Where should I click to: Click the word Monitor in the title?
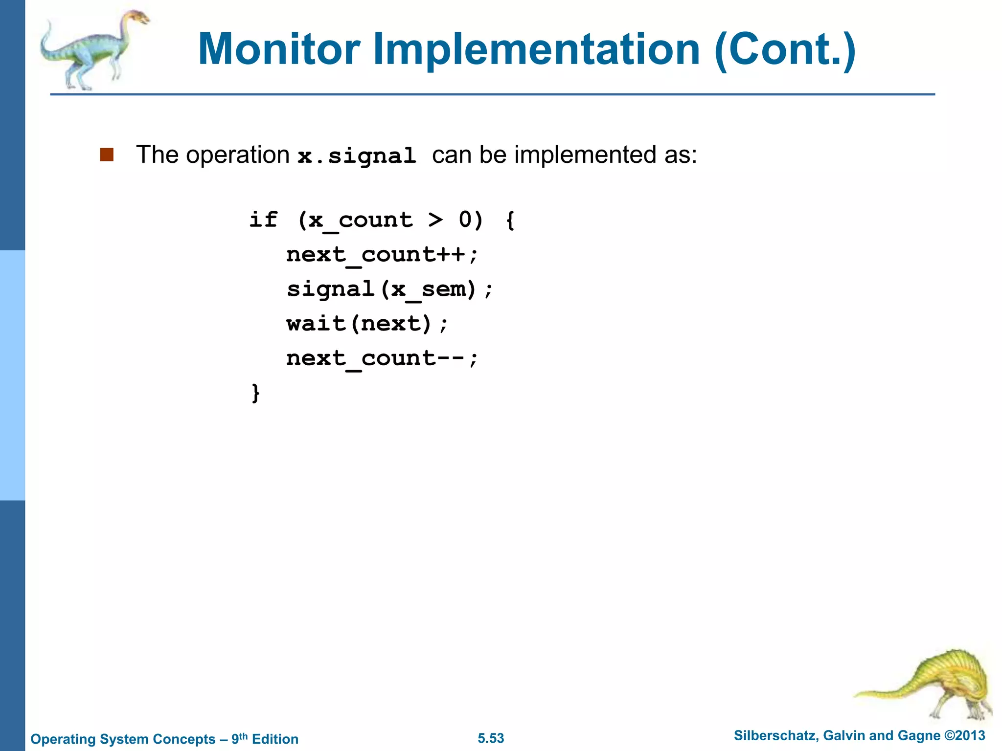click(279, 49)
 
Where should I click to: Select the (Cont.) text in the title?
click(784, 49)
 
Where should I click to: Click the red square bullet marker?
click(107, 155)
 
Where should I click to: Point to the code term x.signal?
click(357, 156)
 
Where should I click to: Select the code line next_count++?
click(382, 255)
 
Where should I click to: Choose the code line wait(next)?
click(367, 324)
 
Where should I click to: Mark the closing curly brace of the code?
click(255, 393)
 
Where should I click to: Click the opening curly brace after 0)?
click(510, 220)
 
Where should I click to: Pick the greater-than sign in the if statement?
click(435, 220)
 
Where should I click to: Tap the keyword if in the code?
click(263, 219)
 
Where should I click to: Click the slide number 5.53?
click(491, 738)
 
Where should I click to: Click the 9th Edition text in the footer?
click(265, 739)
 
